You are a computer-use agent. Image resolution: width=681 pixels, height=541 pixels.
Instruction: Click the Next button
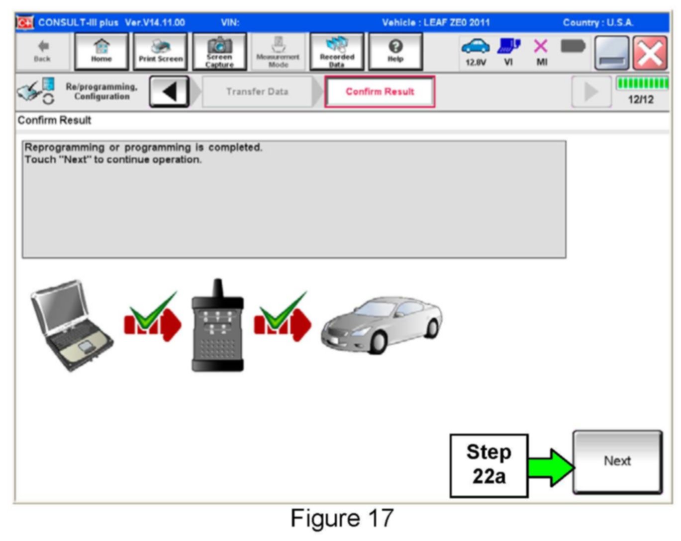[617, 462]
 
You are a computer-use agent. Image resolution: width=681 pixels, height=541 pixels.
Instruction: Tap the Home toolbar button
[101, 52]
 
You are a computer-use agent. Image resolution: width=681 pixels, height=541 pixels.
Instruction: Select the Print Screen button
[161, 52]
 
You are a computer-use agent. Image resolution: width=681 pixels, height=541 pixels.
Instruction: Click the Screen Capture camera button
[219, 52]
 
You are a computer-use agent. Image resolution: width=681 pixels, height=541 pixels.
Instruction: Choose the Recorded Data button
[337, 52]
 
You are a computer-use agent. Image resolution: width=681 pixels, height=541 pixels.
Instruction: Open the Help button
[395, 52]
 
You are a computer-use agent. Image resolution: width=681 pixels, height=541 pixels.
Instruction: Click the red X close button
[650, 53]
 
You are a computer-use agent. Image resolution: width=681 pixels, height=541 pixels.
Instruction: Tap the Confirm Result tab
[380, 91]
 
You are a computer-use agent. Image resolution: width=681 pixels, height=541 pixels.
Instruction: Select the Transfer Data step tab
[257, 91]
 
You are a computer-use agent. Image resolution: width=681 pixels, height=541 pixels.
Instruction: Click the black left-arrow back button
[169, 91]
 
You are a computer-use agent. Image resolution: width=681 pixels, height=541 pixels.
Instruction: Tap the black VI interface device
[218, 328]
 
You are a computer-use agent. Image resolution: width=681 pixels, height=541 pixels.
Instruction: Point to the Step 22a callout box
[488, 465]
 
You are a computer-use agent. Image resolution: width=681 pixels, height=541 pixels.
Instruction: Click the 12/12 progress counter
[641, 99]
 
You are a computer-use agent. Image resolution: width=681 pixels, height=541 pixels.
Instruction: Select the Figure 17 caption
[342, 518]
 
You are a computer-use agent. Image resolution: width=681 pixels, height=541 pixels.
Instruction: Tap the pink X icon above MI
[541, 47]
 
